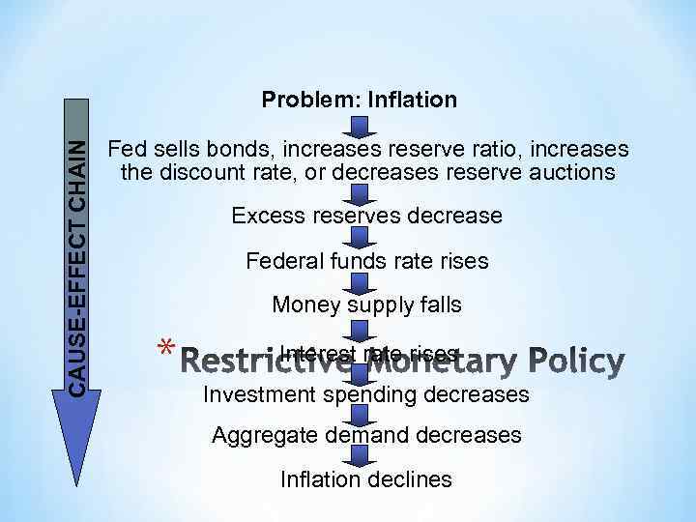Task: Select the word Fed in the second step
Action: pyautogui.click(x=126, y=151)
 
